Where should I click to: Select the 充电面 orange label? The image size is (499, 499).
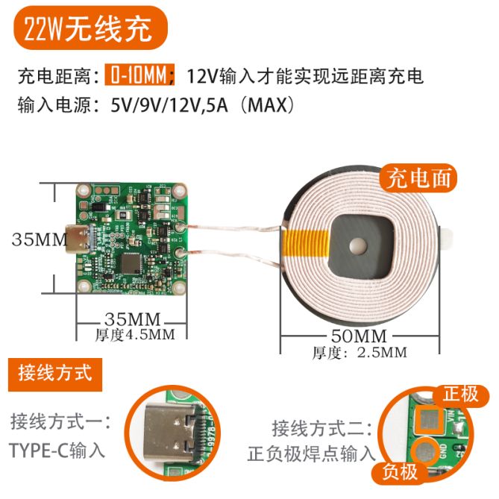point(418,179)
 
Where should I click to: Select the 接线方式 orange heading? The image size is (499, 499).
point(55,371)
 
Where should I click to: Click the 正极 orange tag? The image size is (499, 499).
point(461,394)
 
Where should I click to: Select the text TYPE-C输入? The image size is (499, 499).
point(57,450)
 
